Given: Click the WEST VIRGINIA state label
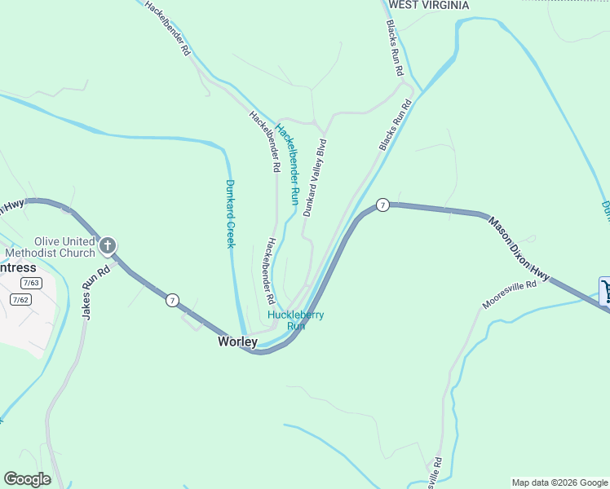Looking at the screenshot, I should click(429, 5).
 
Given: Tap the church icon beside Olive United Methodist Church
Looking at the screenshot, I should click(108, 245).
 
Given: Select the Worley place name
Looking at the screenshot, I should click(237, 342).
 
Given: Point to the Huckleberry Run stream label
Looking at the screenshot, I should click(296, 320).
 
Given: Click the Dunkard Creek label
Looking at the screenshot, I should click(230, 214).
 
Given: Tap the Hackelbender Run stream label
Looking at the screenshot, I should click(288, 158).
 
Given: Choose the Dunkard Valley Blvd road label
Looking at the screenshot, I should click(315, 177).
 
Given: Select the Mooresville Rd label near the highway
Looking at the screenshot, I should click(510, 295).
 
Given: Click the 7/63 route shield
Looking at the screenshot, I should click(32, 283).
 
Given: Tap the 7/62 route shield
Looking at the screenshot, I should click(20, 299).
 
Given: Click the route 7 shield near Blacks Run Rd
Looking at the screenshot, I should click(382, 204).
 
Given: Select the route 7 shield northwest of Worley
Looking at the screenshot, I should click(172, 300).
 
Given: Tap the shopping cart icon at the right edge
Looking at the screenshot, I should click(605, 290).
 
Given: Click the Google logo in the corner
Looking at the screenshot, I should click(27, 479).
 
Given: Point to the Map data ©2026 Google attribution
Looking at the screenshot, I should click(559, 482).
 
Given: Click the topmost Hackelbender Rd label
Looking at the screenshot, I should click(167, 28).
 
